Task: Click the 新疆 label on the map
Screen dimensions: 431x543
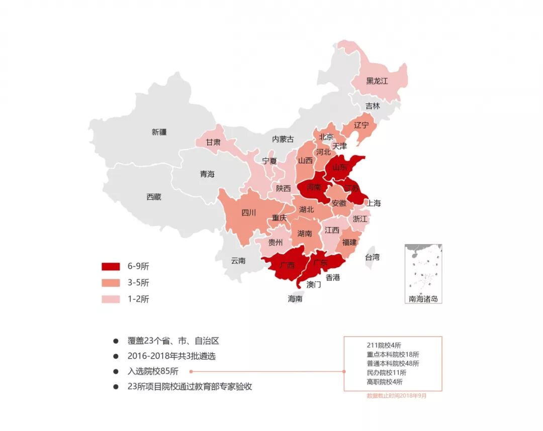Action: tap(159, 132)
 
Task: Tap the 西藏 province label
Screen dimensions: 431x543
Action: tap(154, 197)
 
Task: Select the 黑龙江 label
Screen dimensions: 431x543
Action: tap(377, 81)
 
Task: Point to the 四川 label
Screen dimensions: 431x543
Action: tap(248, 212)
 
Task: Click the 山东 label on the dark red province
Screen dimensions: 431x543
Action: tap(340, 168)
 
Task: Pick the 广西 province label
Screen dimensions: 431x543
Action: tap(287, 265)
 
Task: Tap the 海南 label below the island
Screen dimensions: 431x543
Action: tap(295, 298)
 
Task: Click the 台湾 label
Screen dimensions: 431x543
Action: tap(372, 257)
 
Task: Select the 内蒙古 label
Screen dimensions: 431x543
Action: tap(283, 139)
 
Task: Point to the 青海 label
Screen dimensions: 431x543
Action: tap(207, 174)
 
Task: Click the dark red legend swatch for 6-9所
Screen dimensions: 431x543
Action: tap(111, 266)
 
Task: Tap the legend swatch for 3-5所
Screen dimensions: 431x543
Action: tap(111, 282)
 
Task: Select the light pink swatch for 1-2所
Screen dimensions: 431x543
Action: tap(111, 299)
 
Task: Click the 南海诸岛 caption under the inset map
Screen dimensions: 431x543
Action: tap(423, 299)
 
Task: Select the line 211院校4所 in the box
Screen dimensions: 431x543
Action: tap(384, 345)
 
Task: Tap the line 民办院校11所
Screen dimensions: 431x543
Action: tap(387, 373)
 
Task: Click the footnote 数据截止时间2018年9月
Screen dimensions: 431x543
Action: tap(397, 396)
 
